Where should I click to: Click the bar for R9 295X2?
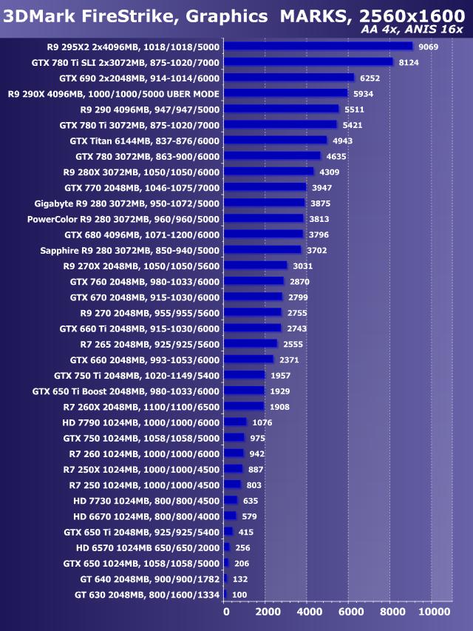click(318, 46)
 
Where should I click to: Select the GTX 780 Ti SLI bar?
click(308, 61)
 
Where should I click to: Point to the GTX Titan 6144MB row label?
click(145, 141)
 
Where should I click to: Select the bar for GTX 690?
click(289, 78)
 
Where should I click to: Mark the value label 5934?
click(363, 94)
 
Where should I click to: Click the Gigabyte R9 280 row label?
click(127, 203)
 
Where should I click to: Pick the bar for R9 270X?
click(255, 266)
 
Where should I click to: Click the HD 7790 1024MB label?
click(141, 422)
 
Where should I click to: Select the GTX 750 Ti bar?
click(244, 375)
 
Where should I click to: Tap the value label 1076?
click(262, 422)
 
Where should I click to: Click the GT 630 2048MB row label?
click(147, 595)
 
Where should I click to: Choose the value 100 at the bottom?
click(239, 595)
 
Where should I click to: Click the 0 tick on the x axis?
click(226, 612)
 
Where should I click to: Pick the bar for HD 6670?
click(230, 516)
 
